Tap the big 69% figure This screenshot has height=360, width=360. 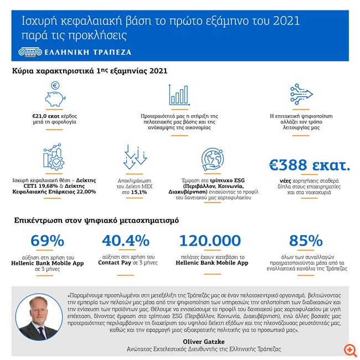(47, 241)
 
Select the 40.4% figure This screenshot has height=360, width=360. (125, 241)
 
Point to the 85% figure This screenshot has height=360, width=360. (306, 241)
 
